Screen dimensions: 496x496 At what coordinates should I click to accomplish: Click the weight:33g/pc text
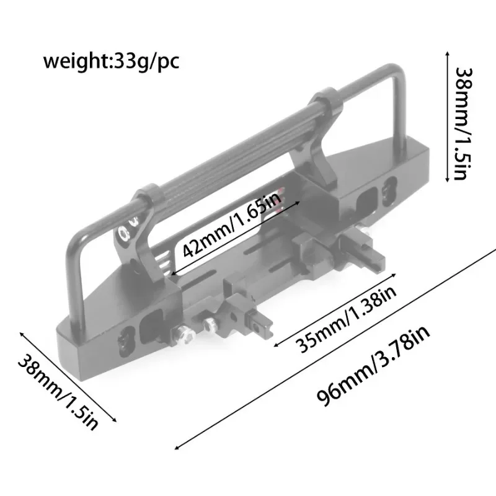click(x=111, y=62)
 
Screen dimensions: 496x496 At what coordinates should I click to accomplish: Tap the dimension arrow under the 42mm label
click(x=236, y=238)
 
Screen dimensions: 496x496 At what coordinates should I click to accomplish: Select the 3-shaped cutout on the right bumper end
click(x=389, y=189)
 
